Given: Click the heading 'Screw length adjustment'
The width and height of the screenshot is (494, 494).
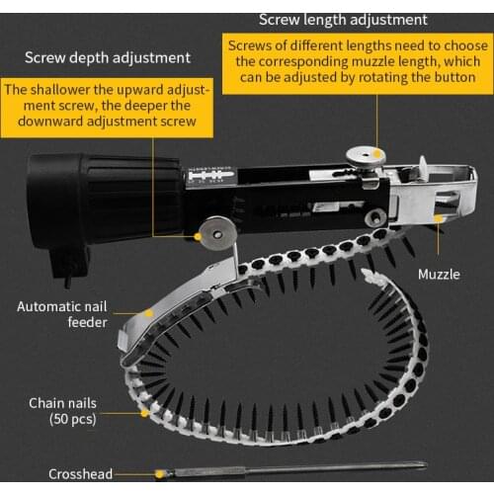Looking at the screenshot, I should tap(343, 19).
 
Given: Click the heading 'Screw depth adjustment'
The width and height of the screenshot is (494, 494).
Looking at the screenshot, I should tap(108, 57).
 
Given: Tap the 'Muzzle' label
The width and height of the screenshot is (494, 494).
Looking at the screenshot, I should tap(438, 274).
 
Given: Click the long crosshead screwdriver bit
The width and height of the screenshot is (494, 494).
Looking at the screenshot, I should tap(296, 466).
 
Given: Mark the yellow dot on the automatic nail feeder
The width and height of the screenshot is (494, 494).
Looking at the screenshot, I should tap(149, 312).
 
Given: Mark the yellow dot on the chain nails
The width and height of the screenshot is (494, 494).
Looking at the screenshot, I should tap(145, 409).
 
